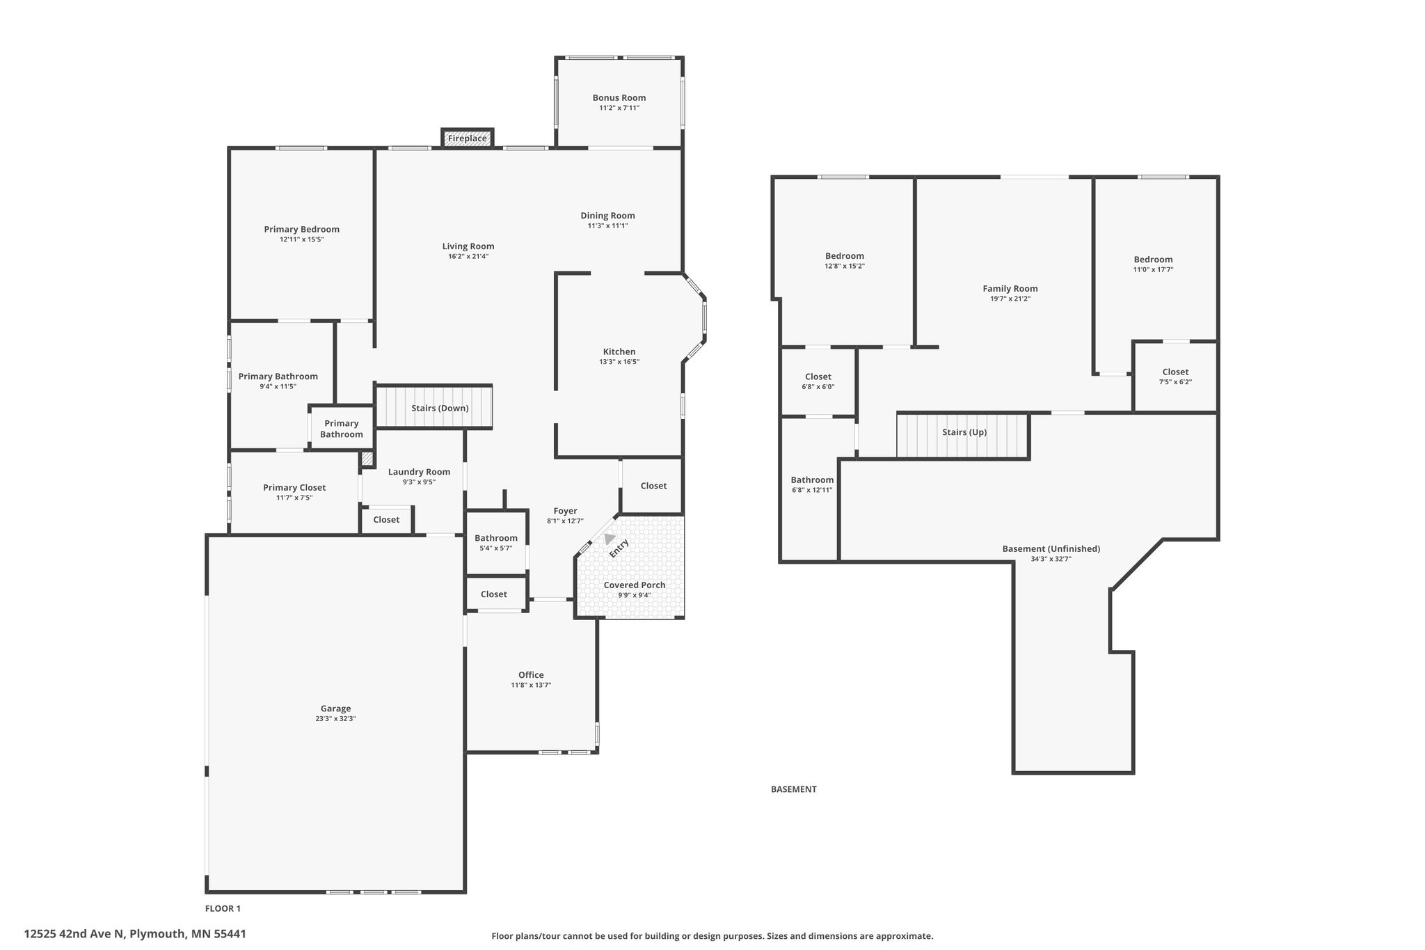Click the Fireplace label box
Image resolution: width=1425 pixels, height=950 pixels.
pyautogui.click(x=468, y=138)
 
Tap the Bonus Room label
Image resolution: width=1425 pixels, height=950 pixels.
pyautogui.click(x=619, y=98)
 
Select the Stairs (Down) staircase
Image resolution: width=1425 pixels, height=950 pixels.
pyautogui.click(x=434, y=407)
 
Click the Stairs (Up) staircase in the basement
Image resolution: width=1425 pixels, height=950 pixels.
pyautogui.click(x=963, y=436)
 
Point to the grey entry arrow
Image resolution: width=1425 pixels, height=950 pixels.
pyautogui.click(x=610, y=538)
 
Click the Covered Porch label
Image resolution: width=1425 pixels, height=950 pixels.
pyautogui.click(x=635, y=585)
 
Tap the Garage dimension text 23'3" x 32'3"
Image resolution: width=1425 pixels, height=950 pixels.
pyautogui.click(x=335, y=719)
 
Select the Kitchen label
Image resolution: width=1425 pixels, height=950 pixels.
pyautogui.click(x=619, y=351)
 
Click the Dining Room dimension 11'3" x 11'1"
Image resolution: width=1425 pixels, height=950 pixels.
pyautogui.click(x=608, y=225)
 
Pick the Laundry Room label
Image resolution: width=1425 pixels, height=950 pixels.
pyautogui.click(x=419, y=472)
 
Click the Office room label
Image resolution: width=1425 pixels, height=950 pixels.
pyautogui.click(x=531, y=675)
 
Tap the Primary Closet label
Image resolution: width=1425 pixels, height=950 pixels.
pyautogui.click(x=294, y=488)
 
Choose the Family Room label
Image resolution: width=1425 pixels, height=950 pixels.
pyautogui.click(x=1010, y=289)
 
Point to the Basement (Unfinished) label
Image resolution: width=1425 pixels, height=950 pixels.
pyautogui.click(x=1051, y=549)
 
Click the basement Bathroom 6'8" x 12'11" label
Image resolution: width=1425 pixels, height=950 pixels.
pyautogui.click(x=812, y=484)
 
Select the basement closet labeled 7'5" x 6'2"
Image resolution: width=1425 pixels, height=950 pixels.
pyautogui.click(x=1175, y=377)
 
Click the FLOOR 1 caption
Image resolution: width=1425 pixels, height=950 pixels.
pyautogui.click(x=223, y=908)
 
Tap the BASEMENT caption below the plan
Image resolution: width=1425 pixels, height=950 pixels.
pyautogui.click(x=794, y=789)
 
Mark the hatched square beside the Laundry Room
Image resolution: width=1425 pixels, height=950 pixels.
pyautogui.click(x=367, y=459)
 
